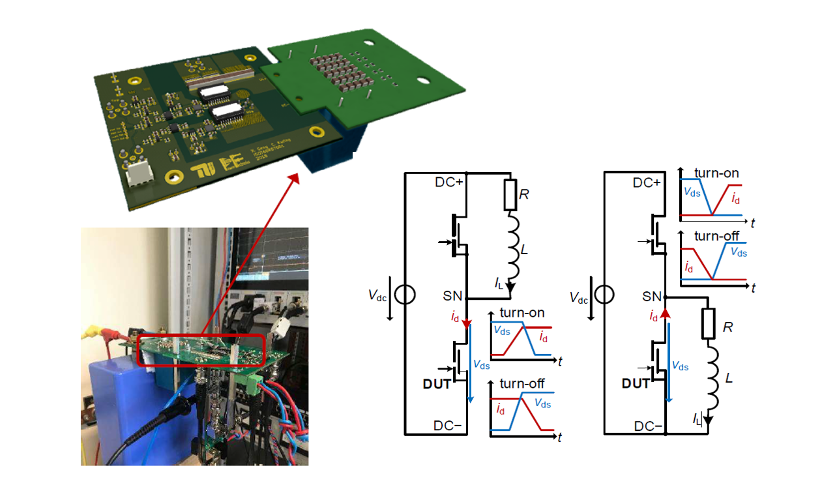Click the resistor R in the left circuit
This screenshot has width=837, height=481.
510,196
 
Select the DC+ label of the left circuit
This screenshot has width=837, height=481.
448,182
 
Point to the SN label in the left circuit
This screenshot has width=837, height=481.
450,296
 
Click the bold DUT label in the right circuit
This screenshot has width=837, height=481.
635,384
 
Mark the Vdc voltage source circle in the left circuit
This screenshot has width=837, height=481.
405,296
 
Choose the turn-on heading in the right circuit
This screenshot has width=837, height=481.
716,174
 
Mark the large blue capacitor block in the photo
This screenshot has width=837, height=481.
114,404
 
